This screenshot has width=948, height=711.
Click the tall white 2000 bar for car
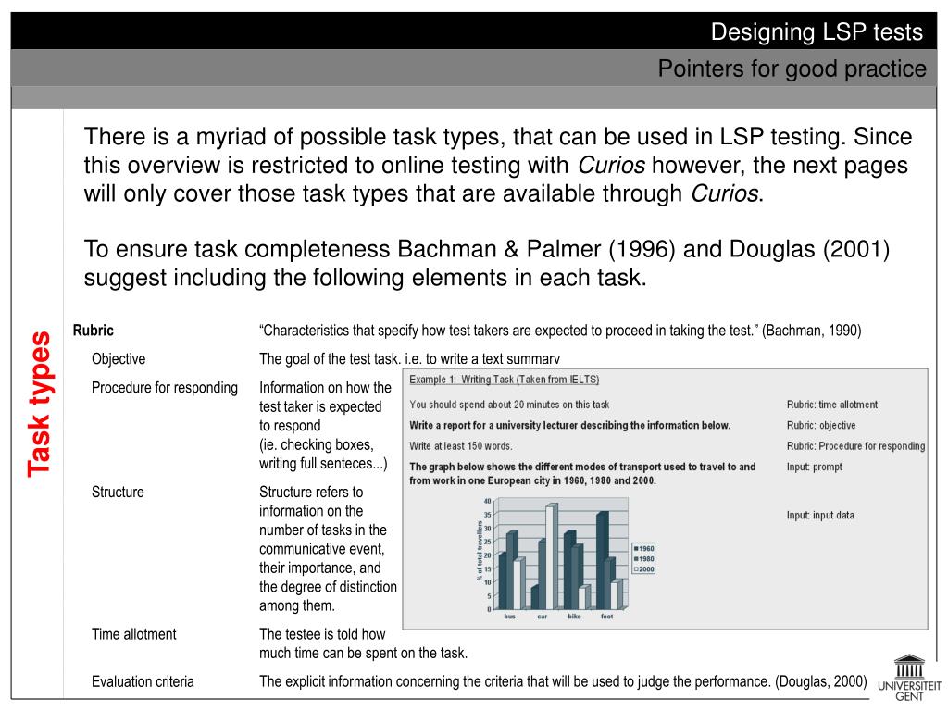click(551, 556)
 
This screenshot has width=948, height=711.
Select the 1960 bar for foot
click(602, 561)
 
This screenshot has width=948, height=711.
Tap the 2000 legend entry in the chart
click(643, 569)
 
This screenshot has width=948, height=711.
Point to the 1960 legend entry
click(643, 548)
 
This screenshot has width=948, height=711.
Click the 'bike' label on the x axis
click(574, 617)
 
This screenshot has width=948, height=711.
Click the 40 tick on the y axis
click(488, 501)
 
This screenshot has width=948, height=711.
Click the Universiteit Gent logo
click(907, 679)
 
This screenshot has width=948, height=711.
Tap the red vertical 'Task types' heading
click(39, 404)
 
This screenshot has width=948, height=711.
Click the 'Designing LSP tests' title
click(817, 32)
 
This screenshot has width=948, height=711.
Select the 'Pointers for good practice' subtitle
click(792, 69)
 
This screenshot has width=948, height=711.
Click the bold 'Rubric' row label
click(94, 331)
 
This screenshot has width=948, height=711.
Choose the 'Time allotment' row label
click(133, 634)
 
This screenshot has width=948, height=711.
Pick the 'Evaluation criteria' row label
click(143, 681)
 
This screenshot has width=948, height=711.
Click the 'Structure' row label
click(118, 492)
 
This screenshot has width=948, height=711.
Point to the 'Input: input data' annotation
click(820, 515)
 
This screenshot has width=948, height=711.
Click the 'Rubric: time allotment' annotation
click(832, 405)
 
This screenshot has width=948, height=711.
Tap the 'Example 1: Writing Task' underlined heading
click(505, 380)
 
